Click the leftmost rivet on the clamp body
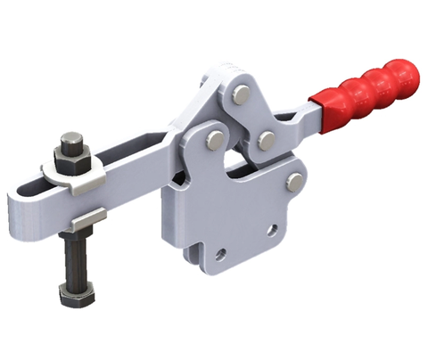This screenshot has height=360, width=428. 213,140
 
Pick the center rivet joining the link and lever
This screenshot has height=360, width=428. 265,139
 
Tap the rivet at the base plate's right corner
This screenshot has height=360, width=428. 294,183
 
